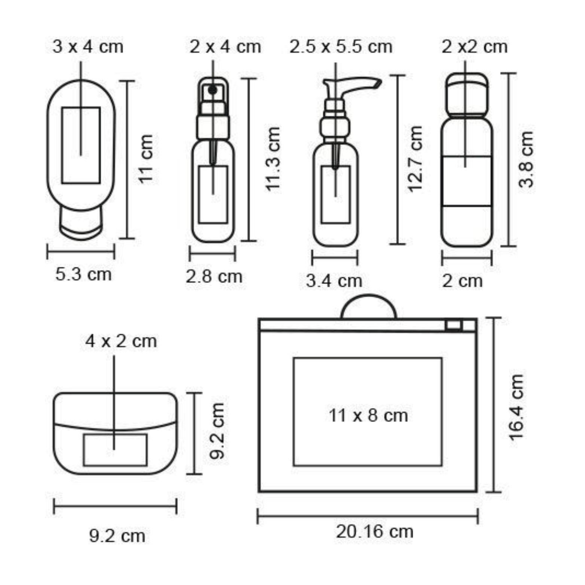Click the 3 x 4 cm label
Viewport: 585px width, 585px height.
click(88, 47)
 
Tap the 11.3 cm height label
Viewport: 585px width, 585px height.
click(273, 159)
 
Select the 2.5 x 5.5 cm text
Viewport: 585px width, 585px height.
click(341, 47)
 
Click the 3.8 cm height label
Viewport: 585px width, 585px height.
click(526, 159)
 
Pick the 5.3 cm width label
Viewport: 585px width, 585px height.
click(83, 274)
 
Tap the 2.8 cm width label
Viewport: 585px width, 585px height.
click(214, 277)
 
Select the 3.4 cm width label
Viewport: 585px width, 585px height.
click(334, 281)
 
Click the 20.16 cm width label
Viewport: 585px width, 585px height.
click(374, 531)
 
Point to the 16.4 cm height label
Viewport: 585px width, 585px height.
click(517, 407)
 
